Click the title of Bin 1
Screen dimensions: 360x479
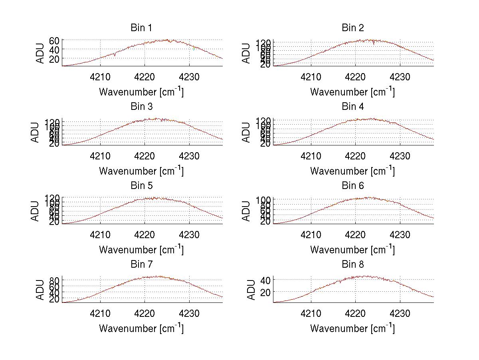141,28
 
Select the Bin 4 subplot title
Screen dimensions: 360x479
352,107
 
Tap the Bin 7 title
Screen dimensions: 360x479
141,265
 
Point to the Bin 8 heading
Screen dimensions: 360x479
352,265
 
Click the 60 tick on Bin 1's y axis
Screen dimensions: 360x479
54,40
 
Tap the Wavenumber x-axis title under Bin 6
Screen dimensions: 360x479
352,250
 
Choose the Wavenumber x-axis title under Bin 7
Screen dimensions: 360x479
141,328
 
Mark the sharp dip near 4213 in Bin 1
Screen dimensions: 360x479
115,55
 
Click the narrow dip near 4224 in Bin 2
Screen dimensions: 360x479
374,44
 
